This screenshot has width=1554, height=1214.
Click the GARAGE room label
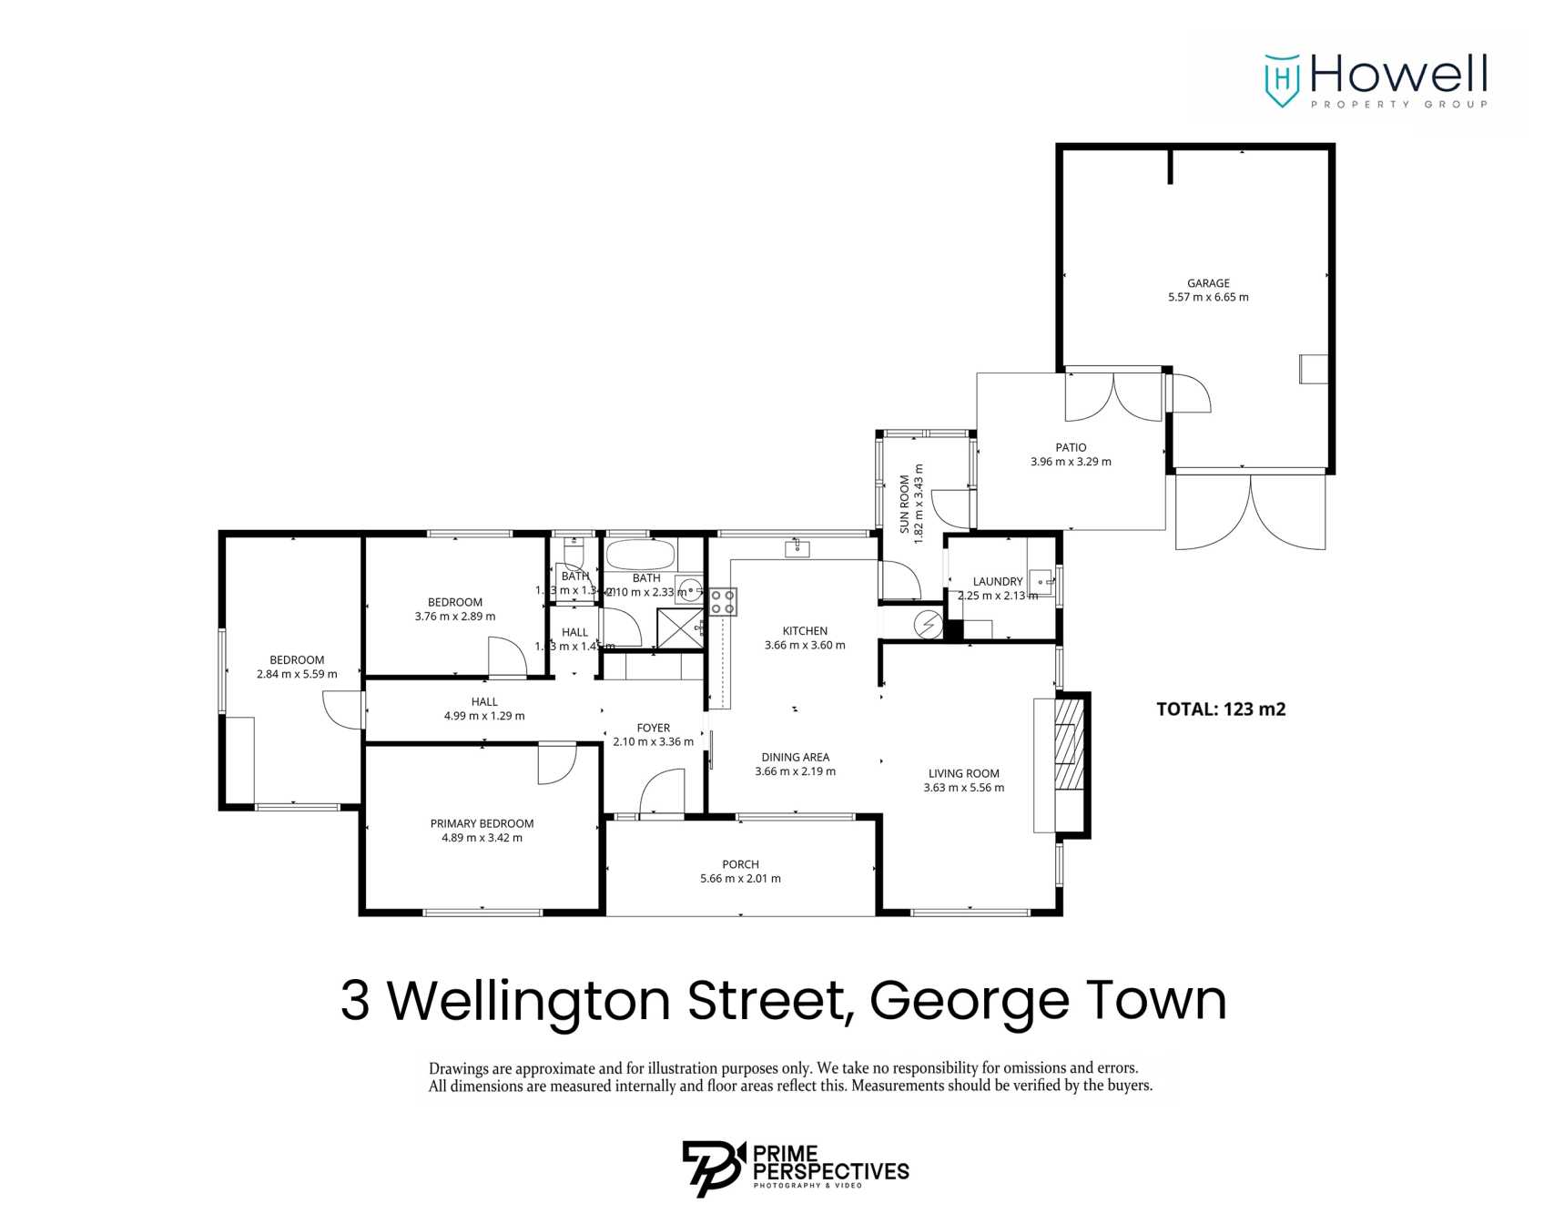(x=1208, y=283)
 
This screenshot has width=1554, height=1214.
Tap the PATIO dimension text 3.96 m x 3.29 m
(x=1071, y=462)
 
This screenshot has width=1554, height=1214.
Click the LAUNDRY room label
(x=998, y=581)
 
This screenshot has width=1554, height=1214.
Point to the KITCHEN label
(x=805, y=630)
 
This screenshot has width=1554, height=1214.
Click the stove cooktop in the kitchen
(x=723, y=602)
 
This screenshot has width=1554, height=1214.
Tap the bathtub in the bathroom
(x=640, y=555)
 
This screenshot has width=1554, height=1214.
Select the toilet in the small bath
(x=574, y=553)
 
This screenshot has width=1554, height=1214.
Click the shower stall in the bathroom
(x=680, y=628)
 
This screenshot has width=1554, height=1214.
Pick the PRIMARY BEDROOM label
(x=482, y=823)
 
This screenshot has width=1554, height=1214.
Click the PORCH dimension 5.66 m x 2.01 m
(x=740, y=879)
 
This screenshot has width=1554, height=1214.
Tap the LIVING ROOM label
(x=963, y=773)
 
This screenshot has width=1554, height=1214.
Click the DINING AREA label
(x=795, y=757)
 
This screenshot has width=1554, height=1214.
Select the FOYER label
(x=653, y=728)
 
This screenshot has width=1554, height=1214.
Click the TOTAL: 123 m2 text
(x=1221, y=709)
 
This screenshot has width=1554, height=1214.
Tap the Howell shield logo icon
(x=1282, y=80)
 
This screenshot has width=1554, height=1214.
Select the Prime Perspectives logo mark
(x=713, y=1168)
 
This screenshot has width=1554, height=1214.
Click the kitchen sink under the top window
(x=797, y=548)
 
